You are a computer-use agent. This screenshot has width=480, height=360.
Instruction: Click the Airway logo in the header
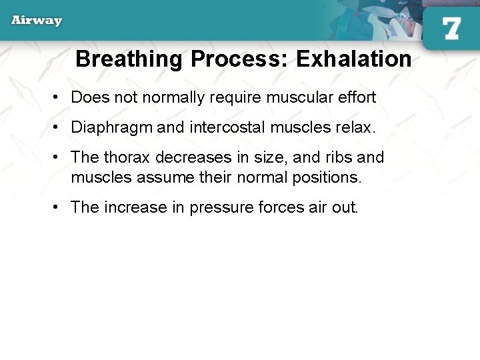point(37,20)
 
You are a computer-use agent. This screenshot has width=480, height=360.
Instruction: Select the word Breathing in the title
point(129,59)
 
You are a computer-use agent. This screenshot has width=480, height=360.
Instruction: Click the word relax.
point(357,127)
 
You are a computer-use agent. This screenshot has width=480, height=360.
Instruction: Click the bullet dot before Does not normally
point(58,98)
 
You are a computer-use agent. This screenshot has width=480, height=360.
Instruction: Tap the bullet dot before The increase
point(58,208)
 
